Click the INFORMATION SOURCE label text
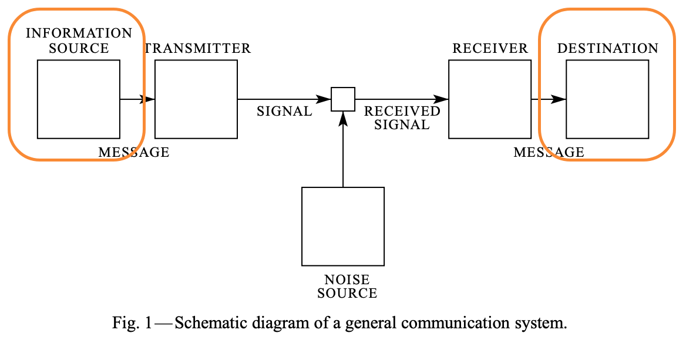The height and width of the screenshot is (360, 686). tap(79, 41)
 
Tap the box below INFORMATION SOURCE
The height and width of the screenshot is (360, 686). tap(79, 99)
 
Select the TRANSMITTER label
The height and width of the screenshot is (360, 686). tap(199, 48)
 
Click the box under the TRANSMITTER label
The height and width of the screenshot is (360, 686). tap(196, 99)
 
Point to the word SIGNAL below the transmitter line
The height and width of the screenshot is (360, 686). tap(284, 111)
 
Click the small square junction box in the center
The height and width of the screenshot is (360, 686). tap(343, 99)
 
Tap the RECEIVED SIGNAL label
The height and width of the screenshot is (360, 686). tap(402, 117)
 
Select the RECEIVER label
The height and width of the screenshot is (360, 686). tap(490, 48)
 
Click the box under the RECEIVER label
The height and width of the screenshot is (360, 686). tap(490, 99)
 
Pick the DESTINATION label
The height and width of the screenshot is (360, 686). tap(607, 48)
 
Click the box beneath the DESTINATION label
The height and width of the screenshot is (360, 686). tap(607, 99)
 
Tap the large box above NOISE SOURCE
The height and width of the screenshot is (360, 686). tap(343, 226)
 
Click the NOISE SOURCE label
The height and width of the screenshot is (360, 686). tap(347, 287)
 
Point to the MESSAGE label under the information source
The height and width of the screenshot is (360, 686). tap(133, 153)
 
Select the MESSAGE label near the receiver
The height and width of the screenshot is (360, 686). tap(549, 153)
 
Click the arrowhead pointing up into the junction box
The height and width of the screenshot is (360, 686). tap(343, 117)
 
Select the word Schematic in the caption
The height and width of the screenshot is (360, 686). tap(204, 323)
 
